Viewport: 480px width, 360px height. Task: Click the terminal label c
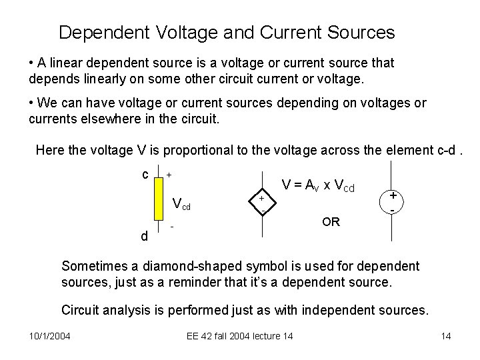(145, 175)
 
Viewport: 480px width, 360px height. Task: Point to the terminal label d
(144, 236)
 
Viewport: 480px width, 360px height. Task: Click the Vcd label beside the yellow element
(181, 204)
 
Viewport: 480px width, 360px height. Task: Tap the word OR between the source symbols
(331, 222)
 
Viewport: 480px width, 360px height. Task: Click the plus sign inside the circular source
(393, 195)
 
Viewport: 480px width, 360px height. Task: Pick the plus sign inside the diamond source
(262, 199)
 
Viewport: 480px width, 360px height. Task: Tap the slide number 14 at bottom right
(446, 335)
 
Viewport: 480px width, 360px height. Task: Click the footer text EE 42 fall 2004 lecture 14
(240, 335)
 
